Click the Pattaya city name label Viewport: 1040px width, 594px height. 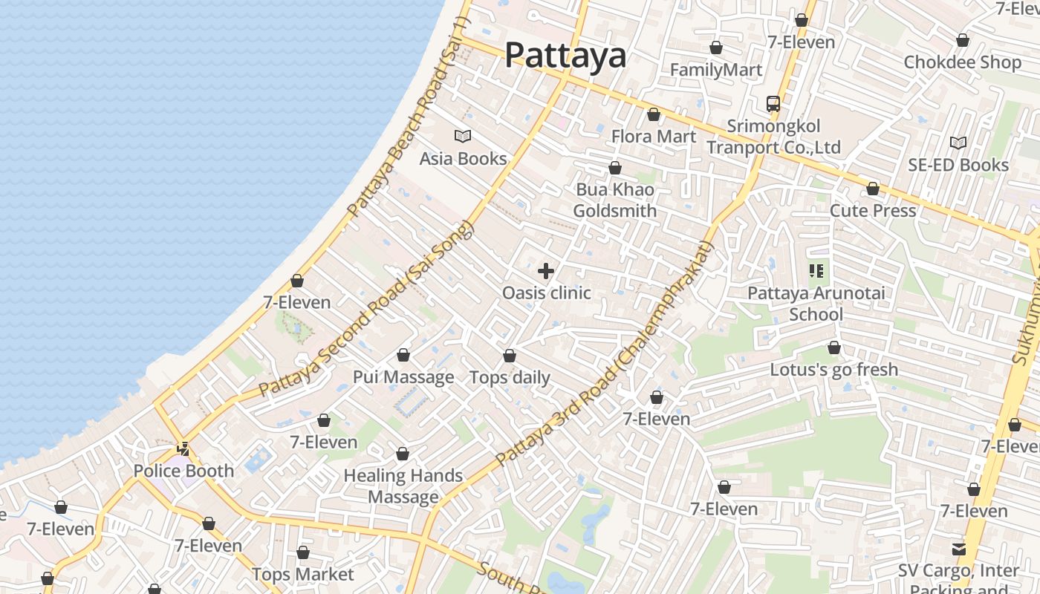click(565, 56)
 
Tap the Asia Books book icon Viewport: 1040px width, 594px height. click(463, 137)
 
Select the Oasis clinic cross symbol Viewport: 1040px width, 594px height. click(546, 271)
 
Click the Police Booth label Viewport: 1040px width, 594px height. click(183, 471)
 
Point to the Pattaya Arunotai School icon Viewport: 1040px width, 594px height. click(817, 271)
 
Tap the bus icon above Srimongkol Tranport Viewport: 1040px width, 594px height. click(773, 104)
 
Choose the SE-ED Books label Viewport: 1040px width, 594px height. click(958, 165)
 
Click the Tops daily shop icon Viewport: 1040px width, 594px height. click(510, 356)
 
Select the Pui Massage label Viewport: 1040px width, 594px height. click(403, 377)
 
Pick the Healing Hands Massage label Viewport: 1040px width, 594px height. click(403, 486)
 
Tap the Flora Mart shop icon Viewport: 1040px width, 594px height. click(654, 114)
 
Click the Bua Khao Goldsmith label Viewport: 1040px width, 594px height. click(615, 200)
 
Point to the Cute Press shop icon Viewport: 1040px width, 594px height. click(873, 189)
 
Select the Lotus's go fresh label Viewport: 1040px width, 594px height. click(833, 370)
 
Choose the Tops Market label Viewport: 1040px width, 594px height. click(303, 575)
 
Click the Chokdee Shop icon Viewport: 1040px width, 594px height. click(963, 40)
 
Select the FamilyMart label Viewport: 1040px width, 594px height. click(716, 70)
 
